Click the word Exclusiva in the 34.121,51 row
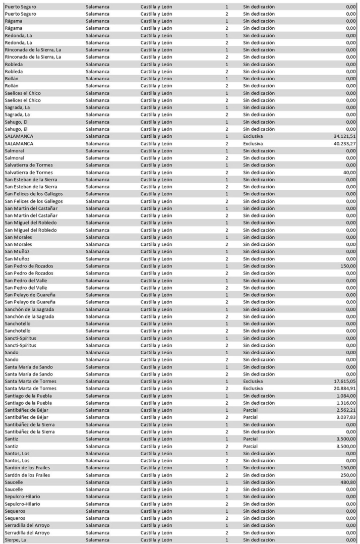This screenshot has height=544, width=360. [x=253, y=136]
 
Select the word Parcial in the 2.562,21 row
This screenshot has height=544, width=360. [x=251, y=410]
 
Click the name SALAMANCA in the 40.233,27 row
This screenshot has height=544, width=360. [x=19, y=144]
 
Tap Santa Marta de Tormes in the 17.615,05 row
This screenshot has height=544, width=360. [x=31, y=381]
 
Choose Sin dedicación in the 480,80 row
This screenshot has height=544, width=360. [x=259, y=482]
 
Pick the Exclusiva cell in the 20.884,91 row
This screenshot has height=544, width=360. [x=253, y=389]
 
